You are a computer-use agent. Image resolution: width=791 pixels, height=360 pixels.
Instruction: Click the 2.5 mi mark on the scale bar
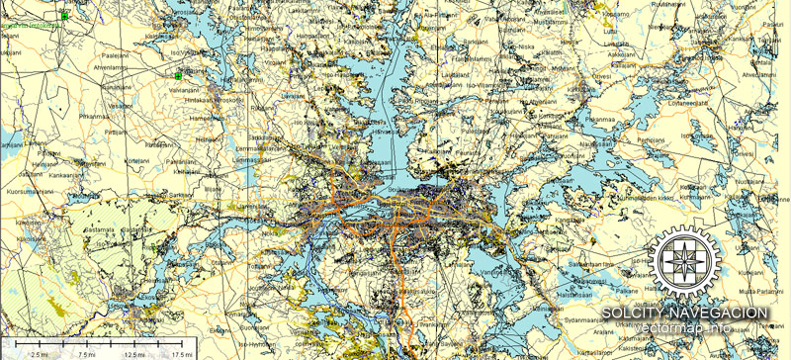point(41,353)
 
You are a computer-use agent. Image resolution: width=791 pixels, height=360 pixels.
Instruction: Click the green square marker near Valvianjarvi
point(179,75)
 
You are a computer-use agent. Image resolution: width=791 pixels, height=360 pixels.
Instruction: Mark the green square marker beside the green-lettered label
point(65,16)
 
